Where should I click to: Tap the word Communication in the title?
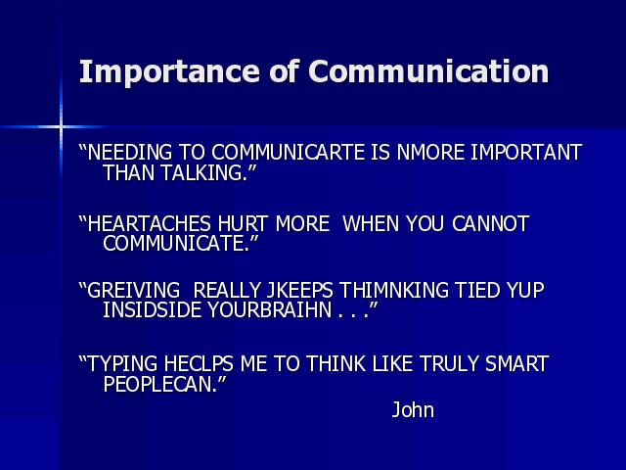[x=428, y=71]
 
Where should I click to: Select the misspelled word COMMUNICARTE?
[x=288, y=153]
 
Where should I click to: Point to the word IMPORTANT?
[x=526, y=153]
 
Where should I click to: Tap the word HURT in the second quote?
[x=243, y=223]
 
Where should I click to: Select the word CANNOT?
[x=491, y=223]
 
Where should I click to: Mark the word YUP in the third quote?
[x=525, y=290]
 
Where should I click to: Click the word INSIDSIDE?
[x=153, y=309]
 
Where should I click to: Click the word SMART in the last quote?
[x=517, y=363]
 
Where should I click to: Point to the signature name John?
[x=413, y=409]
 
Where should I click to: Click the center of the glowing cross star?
[x=61, y=127]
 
